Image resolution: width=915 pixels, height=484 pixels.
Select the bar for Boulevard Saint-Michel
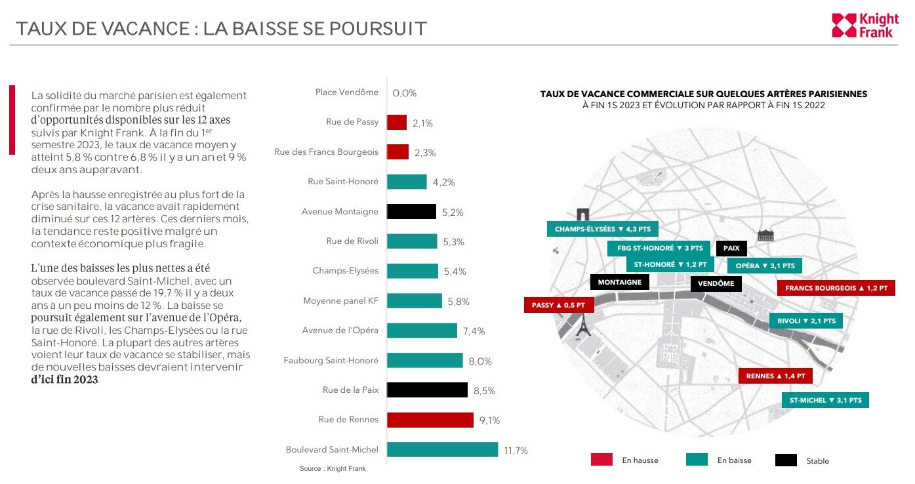click(442, 450)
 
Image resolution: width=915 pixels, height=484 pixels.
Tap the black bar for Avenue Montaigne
click(411, 211)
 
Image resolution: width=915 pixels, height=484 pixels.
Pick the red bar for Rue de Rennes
click(430, 420)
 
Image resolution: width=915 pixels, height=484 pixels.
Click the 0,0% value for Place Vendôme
click(405, 93)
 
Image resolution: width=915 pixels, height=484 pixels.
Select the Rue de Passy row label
click(352, 122)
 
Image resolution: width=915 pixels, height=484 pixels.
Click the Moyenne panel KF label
click(340, 301)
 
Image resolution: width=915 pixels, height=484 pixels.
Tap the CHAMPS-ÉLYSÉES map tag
click(602, 230)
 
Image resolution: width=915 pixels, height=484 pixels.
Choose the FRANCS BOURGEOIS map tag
click(836, 288)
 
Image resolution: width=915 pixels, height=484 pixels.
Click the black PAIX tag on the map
click(731, 249)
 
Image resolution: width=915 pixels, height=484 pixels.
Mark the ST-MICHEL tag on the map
click(825, 400)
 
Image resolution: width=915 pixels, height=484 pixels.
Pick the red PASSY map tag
click(558, 305)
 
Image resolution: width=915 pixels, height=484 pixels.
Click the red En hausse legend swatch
click(601, 460)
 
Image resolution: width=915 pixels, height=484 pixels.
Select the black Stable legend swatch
click(786, 460)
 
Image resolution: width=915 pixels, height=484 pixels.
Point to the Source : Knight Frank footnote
click(333, 469)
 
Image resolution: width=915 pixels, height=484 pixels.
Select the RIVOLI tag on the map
click(805, 321)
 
